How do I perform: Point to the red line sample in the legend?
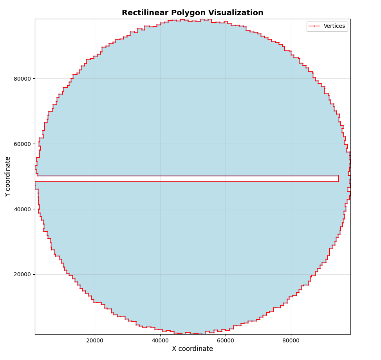coord(314,26)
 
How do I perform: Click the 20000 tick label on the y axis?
coord(22,274)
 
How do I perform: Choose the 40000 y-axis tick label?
coord(22,209)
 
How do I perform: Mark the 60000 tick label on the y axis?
coord(22,144)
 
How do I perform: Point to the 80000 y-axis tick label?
coord(22,79)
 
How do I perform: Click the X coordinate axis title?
coord(192,349)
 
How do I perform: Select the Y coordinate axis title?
coord(8,176)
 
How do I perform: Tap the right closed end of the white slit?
coord(338,178)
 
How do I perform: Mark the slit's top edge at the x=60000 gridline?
coord(226,176)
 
